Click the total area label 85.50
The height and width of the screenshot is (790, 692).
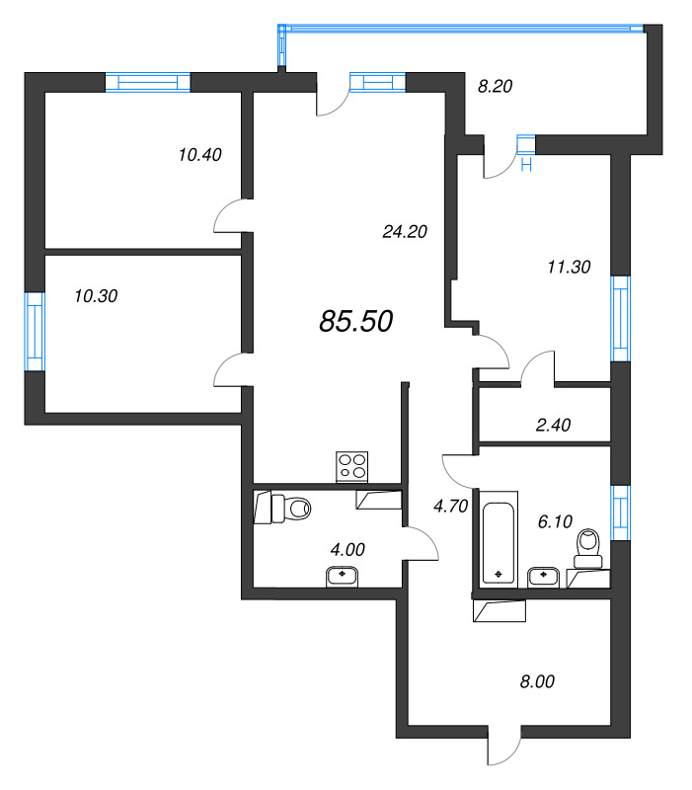pyautogui.click(x=356, y=321)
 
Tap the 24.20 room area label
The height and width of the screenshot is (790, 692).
pyautogui.click(x=405, y=231)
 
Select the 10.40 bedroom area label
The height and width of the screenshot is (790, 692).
pyautogui.click(x=200, y=154)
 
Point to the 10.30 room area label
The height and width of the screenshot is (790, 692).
pyautogui.click(x=96, y=295)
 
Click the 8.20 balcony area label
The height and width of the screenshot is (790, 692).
pyautogui.click(x=496, y=86)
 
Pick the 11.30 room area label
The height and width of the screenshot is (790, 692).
pyautogui.click(x=569, y=267)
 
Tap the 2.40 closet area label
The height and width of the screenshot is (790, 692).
pyautogui.click(x=553, y=425)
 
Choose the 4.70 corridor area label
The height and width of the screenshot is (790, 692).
pyautogui.click(x=451, y=506)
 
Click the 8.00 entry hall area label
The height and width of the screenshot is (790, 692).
pyautogui.click(x=537, y=681)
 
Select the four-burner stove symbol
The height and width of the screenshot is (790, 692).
pyautogui.click(x=352, y=466)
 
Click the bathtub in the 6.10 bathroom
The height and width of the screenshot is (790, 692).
pyautogui.click(x=499, y=539)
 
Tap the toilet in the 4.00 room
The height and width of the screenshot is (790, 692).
pyautogui.click(x=282, y=509)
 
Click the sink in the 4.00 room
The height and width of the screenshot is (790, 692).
pyautogui.click(x=343, y=577)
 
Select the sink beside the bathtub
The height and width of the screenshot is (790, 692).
pyautogui.click(x=543, y=578)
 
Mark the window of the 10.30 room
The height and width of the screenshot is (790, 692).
pyautogui.click(x=36, y=332)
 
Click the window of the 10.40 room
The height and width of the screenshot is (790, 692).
pyautogui.click(x=148, y=82)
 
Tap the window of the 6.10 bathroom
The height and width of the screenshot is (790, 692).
pyautogui.click(x=621, y=513)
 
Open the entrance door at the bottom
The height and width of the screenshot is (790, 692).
pyautogui.click(x=504, y=746)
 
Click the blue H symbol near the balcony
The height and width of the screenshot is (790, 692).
pyautogui.click(x=526, y=164)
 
